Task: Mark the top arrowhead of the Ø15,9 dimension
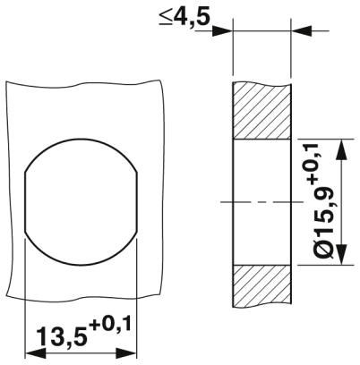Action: [341, 146]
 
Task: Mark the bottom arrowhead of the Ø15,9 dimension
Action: [341, 259]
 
